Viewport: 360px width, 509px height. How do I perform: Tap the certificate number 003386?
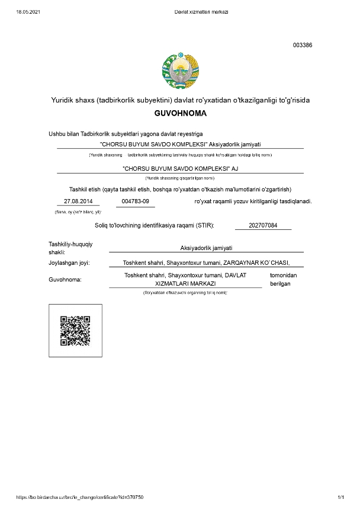[303, 45]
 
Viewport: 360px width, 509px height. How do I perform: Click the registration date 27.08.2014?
[78, 201]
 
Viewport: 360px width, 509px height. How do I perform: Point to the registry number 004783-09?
[135, 201]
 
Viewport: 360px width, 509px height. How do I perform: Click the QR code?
[75, 331]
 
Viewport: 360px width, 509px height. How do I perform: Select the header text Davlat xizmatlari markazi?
[201, 12]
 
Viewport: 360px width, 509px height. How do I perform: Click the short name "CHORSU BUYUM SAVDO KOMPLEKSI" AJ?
[179, 169]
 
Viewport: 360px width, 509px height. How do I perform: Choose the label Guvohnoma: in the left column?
[65, 279]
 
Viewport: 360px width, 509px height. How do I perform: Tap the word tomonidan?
[283, 276]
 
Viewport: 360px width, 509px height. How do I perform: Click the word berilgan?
[280, 284]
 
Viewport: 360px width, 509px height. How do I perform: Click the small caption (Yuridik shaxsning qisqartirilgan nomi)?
[179, 178]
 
